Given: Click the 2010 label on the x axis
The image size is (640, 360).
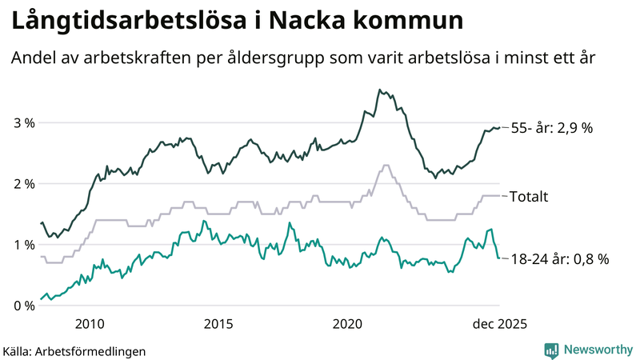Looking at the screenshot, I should tap(89, 323).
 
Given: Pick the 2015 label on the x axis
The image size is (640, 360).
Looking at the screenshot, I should tap(218, 323).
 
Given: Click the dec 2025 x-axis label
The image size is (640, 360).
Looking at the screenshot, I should tap(497, 323).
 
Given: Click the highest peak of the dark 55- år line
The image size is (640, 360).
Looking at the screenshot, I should tap(379, 90).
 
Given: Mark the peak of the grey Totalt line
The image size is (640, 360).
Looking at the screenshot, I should tap(386, 166).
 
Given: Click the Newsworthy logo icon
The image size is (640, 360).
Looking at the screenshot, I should tap(551, 350).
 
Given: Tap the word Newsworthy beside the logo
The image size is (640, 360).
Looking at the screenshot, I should tap(596, 350).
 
